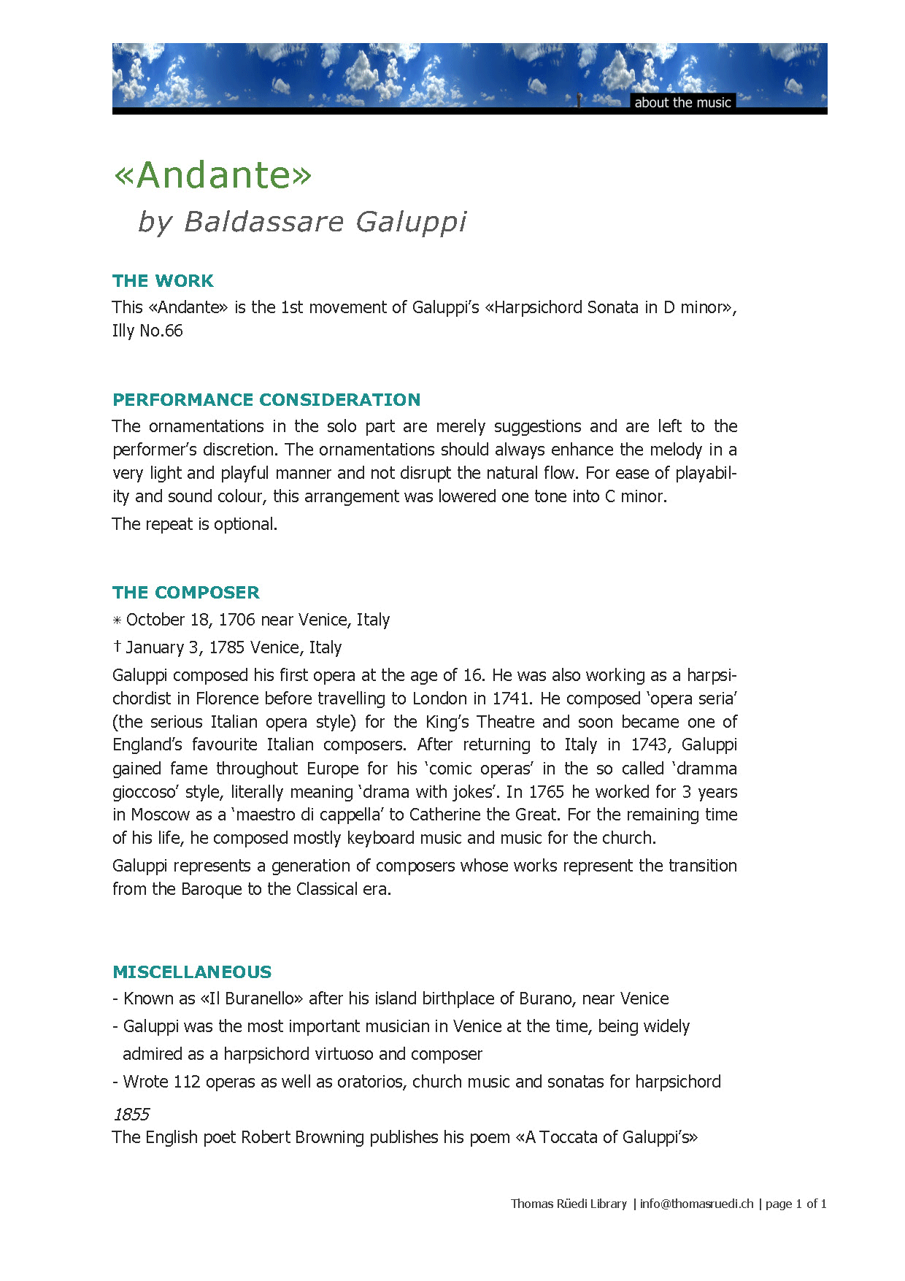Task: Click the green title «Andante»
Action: pos(212,175)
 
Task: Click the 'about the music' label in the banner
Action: pos(682,102)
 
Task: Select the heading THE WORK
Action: pos(163,281)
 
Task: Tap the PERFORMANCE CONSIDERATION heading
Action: pos(266,400)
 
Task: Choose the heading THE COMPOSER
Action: pos(186,593)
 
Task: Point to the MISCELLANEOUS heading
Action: pos(192,972)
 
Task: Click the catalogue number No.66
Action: pos(161,331)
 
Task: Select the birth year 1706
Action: pos(237,620)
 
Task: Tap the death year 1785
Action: pos(227,647)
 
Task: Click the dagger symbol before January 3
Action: pos(117,647)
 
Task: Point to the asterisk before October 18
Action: pos(117,620)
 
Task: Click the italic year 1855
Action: pos(131,1115)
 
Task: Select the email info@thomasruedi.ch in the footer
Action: pos(696,1204)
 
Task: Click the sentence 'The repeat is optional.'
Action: pos(195,524)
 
